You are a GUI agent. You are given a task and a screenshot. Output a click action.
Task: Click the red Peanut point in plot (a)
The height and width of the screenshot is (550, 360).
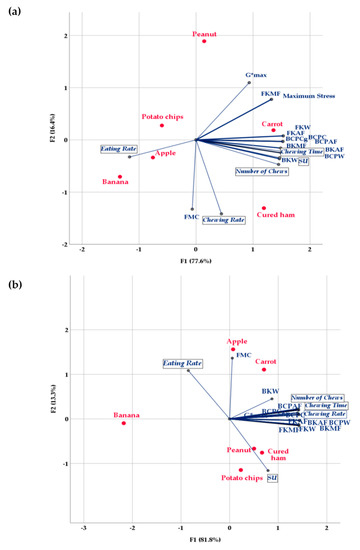coord(204,42)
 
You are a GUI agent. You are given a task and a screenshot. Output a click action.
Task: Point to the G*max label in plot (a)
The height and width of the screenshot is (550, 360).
coord(258,75)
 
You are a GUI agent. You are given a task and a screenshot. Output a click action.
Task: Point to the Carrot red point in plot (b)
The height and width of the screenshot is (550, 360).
coord(264,370)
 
